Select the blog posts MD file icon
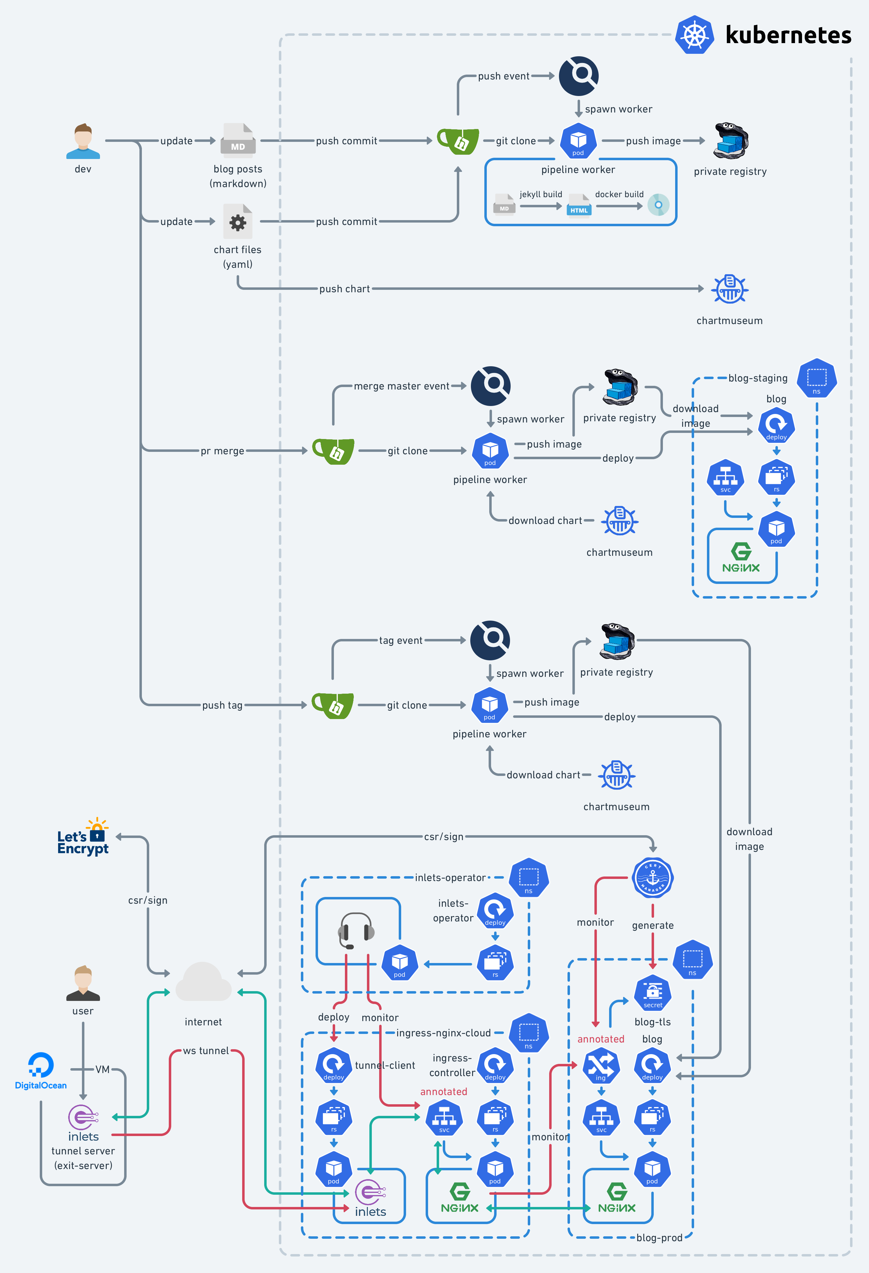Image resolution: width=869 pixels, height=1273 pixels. (238, 140)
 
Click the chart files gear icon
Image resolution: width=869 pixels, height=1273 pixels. (238, 222)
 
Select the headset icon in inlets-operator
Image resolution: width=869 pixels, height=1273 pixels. (356, 930)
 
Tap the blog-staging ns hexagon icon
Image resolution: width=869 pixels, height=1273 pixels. (816, 378)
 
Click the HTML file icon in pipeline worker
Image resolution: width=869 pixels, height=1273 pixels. (579, 205)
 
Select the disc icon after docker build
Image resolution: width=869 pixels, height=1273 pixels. (658, 205)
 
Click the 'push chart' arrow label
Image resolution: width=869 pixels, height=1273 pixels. (345, 289)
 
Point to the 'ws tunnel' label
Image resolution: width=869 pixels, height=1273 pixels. (206, 1051)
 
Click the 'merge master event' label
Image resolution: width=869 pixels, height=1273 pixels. (401, 386)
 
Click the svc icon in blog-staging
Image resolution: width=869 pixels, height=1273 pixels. (726, 478)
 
